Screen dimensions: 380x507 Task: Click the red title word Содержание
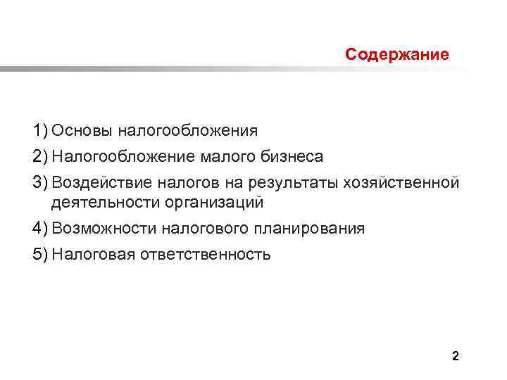click(x=397, y=54)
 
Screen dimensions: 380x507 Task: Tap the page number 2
click(x=455, y=356)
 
